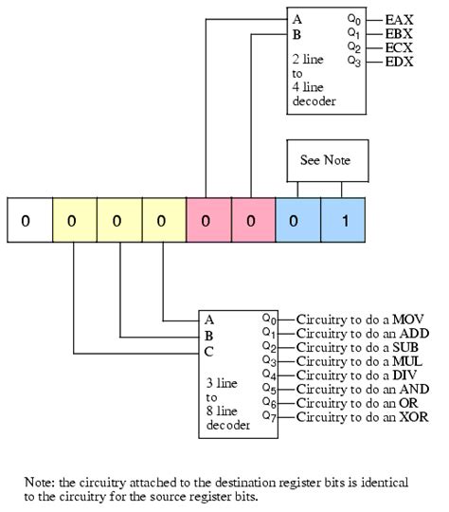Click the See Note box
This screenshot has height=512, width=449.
[325, 160]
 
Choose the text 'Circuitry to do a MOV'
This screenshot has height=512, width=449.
[359, 320]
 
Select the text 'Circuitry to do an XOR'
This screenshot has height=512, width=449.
[361, 417]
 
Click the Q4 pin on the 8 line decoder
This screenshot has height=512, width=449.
[270, 375]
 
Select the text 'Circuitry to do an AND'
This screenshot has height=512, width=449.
[362, 389]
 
